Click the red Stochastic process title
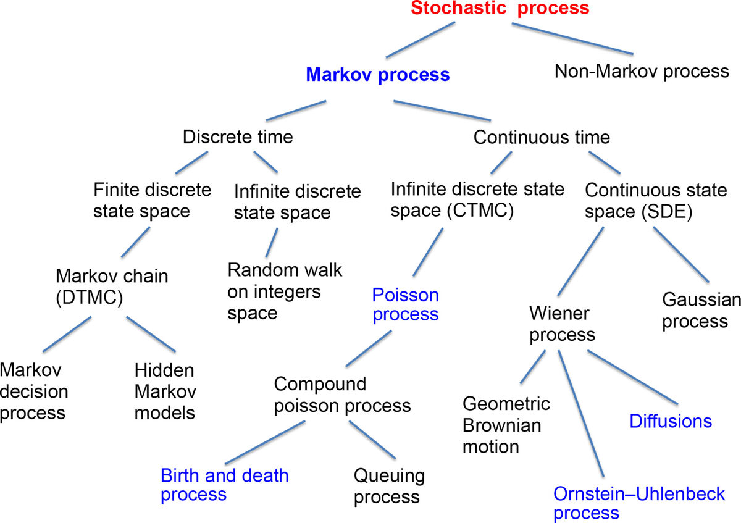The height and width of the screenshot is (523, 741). point(500,9)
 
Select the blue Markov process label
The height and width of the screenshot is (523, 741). point(378,75)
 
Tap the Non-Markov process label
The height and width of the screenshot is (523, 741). point(642,71)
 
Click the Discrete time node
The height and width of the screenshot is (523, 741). point(238,136)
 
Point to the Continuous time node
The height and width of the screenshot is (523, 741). point(542,136)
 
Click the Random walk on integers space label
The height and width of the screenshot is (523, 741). point(284,291)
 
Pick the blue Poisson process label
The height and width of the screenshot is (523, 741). point(406,304)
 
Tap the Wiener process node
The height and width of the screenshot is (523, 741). point(562,324)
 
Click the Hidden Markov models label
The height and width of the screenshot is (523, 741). point(165,391)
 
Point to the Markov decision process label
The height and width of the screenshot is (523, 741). point(34,391)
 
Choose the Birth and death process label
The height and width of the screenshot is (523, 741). point(224,485)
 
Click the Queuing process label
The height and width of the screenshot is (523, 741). point(389,486)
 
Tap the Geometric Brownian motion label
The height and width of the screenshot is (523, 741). point(506,425)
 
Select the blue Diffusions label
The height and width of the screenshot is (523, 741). point(671,421)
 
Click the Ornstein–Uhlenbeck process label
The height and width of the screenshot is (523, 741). point(647,503)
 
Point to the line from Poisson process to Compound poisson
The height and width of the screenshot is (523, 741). point(369,348)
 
